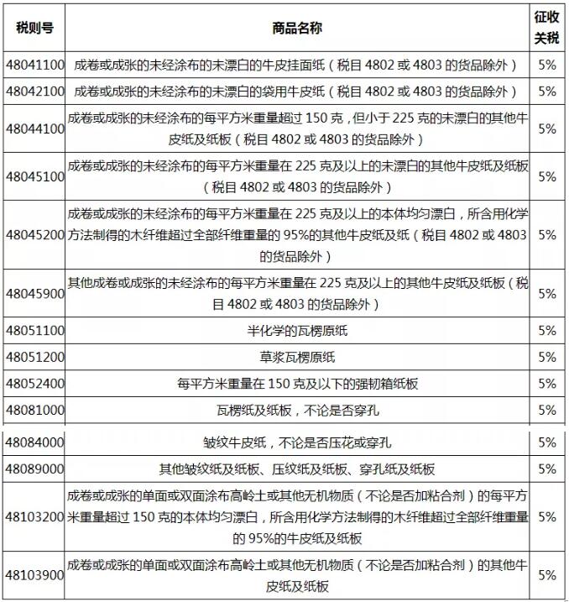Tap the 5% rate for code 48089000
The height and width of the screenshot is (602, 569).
(x=547, y=469)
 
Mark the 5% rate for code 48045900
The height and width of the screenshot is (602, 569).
(x=547, y=294)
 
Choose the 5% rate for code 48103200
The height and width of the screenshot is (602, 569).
(x=547, y=516)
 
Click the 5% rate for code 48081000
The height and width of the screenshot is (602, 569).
(x=547, y=411)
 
